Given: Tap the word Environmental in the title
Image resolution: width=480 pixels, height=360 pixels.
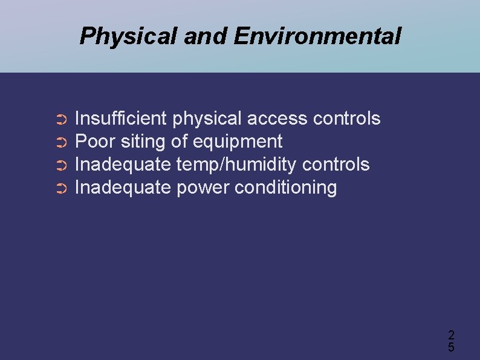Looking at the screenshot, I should (317, 36).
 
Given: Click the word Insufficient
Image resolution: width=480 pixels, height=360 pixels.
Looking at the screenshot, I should (120, 119).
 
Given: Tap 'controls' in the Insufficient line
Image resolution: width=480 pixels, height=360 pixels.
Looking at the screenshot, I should (346, 119).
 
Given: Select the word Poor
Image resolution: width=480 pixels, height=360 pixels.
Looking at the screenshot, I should (95, 142).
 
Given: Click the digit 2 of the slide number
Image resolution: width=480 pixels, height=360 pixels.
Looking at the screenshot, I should (451, 335).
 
